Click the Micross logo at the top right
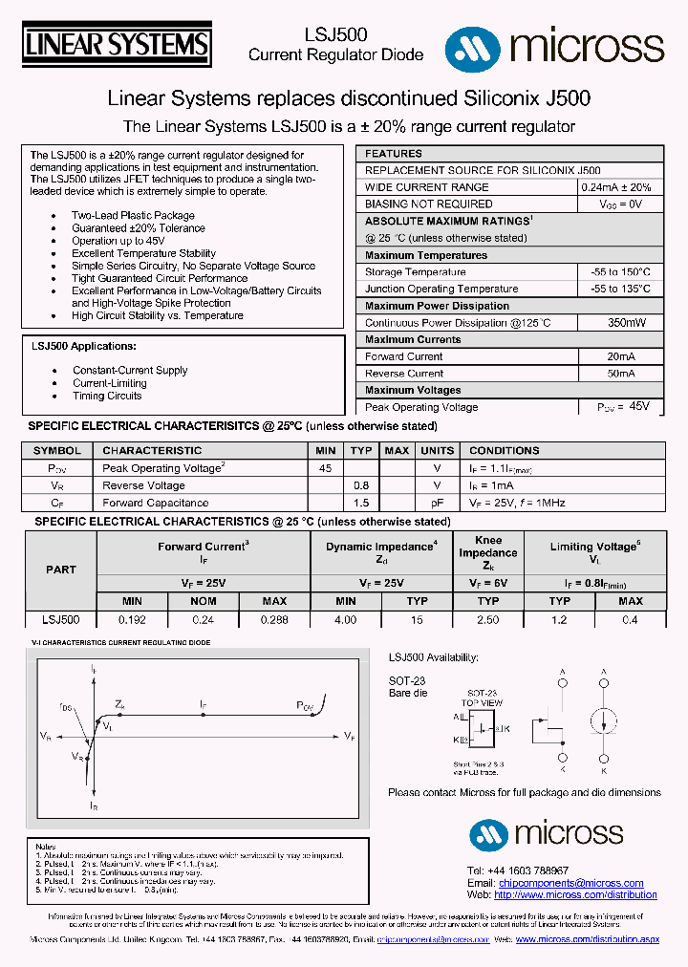coord(554,45)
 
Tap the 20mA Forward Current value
coord(620,356)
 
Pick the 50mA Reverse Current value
coord(620,374)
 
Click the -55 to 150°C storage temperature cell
coord(620,272)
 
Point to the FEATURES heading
coord(394,154)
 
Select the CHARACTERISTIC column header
coord(152,450)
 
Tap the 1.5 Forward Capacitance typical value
coord(360,503)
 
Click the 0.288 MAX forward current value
coord(274,619)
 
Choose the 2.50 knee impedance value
coord(487,619)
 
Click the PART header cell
coord(61,569)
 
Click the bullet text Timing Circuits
coord(107,396)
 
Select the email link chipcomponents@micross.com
coord(571,884)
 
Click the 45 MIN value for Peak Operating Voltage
coord(325,468)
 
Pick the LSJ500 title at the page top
coord(336,34)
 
